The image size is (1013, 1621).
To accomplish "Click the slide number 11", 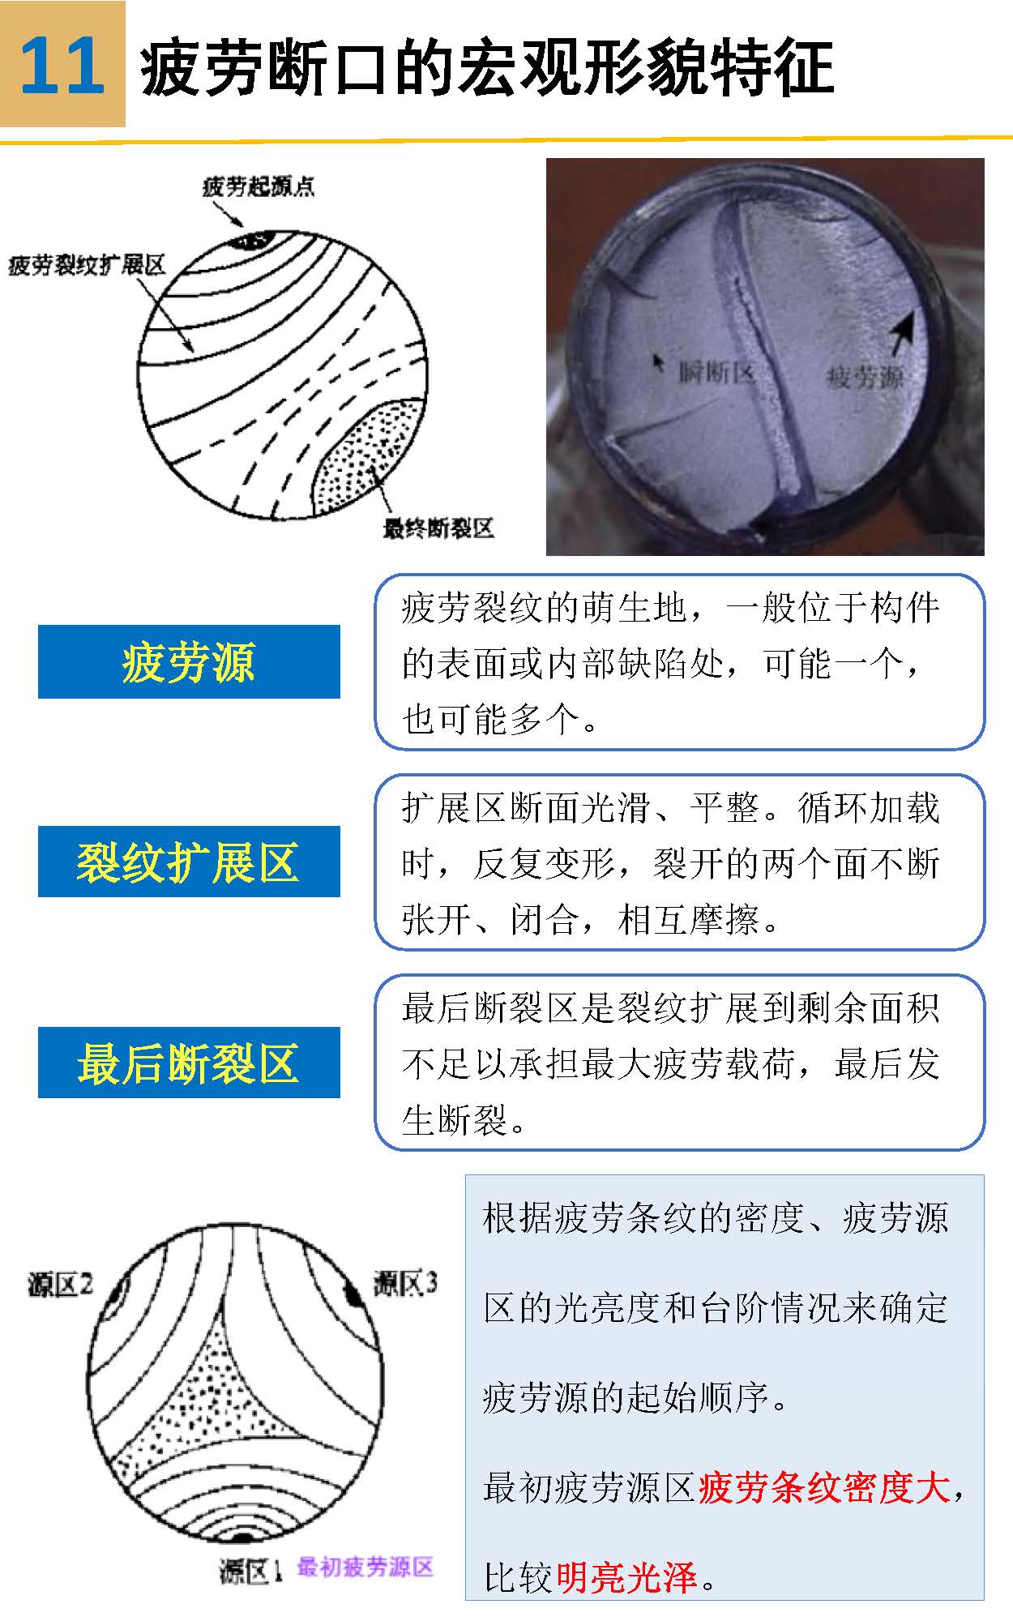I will (x=62, y=65).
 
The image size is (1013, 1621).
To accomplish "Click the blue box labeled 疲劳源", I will (x=189, y=661).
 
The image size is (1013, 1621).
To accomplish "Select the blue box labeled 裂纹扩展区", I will (x=189, y=862).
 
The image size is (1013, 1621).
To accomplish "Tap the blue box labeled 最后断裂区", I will (x=189, y=1063).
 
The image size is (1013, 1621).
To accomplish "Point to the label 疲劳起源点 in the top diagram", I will (x=258, y=187).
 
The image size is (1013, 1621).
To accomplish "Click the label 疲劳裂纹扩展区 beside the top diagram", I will (x=87, y=264).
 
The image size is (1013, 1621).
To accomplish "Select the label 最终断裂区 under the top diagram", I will (x=438, y=529).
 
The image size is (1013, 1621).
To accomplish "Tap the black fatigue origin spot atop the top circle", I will (x=254, y=240).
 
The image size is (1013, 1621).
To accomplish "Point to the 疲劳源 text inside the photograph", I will (x=865, y=377).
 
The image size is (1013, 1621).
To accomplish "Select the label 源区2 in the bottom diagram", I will (x=60, y=1284).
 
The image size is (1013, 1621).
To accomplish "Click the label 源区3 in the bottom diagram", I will (x=405, y=1283).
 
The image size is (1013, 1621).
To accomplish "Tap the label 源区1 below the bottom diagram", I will (x=250, y=1571).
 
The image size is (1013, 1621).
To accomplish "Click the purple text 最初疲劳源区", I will (x=365, y=1567).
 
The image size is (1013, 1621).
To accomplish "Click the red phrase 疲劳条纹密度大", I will (x=823, y=1487).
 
